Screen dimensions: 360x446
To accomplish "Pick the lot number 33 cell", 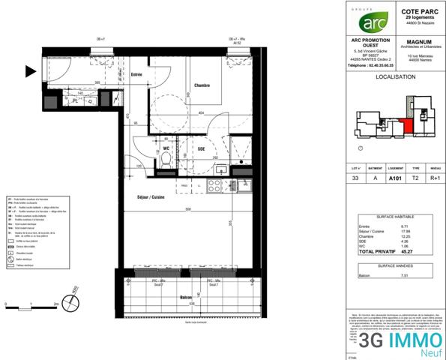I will (x=356, y=179).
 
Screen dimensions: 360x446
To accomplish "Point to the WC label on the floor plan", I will (x=167, y=148).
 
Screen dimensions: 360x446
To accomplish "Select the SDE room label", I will (x=201, y=148).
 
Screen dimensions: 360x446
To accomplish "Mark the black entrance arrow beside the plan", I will (x=30, y=72).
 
